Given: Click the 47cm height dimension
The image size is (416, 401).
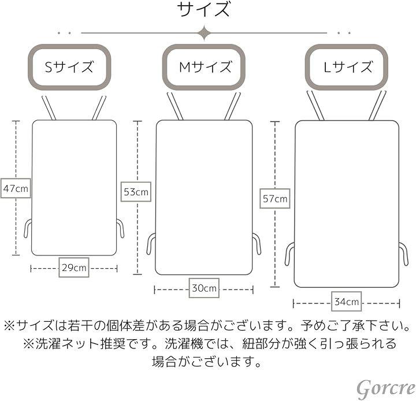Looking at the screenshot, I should pos(16,188).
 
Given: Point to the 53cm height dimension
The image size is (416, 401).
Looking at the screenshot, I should pos(136,191).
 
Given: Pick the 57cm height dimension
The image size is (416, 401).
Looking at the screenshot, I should pos(275,199).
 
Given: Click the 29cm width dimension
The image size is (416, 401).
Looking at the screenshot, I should pos(74,268).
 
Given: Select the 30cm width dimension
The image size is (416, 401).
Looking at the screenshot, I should pos(204,288).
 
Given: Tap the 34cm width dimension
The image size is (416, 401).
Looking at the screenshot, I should pos(346,302).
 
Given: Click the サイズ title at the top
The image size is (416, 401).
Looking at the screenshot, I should pos(204,10).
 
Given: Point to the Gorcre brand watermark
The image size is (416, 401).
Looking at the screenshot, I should pos(385,388).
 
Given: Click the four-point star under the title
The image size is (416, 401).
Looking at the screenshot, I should pos(203,33).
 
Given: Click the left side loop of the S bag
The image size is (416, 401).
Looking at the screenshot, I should pos(27,228).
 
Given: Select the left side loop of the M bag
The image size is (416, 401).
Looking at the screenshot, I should pos(151,243).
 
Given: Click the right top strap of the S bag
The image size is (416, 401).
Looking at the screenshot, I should pos(99,108).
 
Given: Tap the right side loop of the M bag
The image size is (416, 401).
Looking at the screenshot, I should pos(257,243).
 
